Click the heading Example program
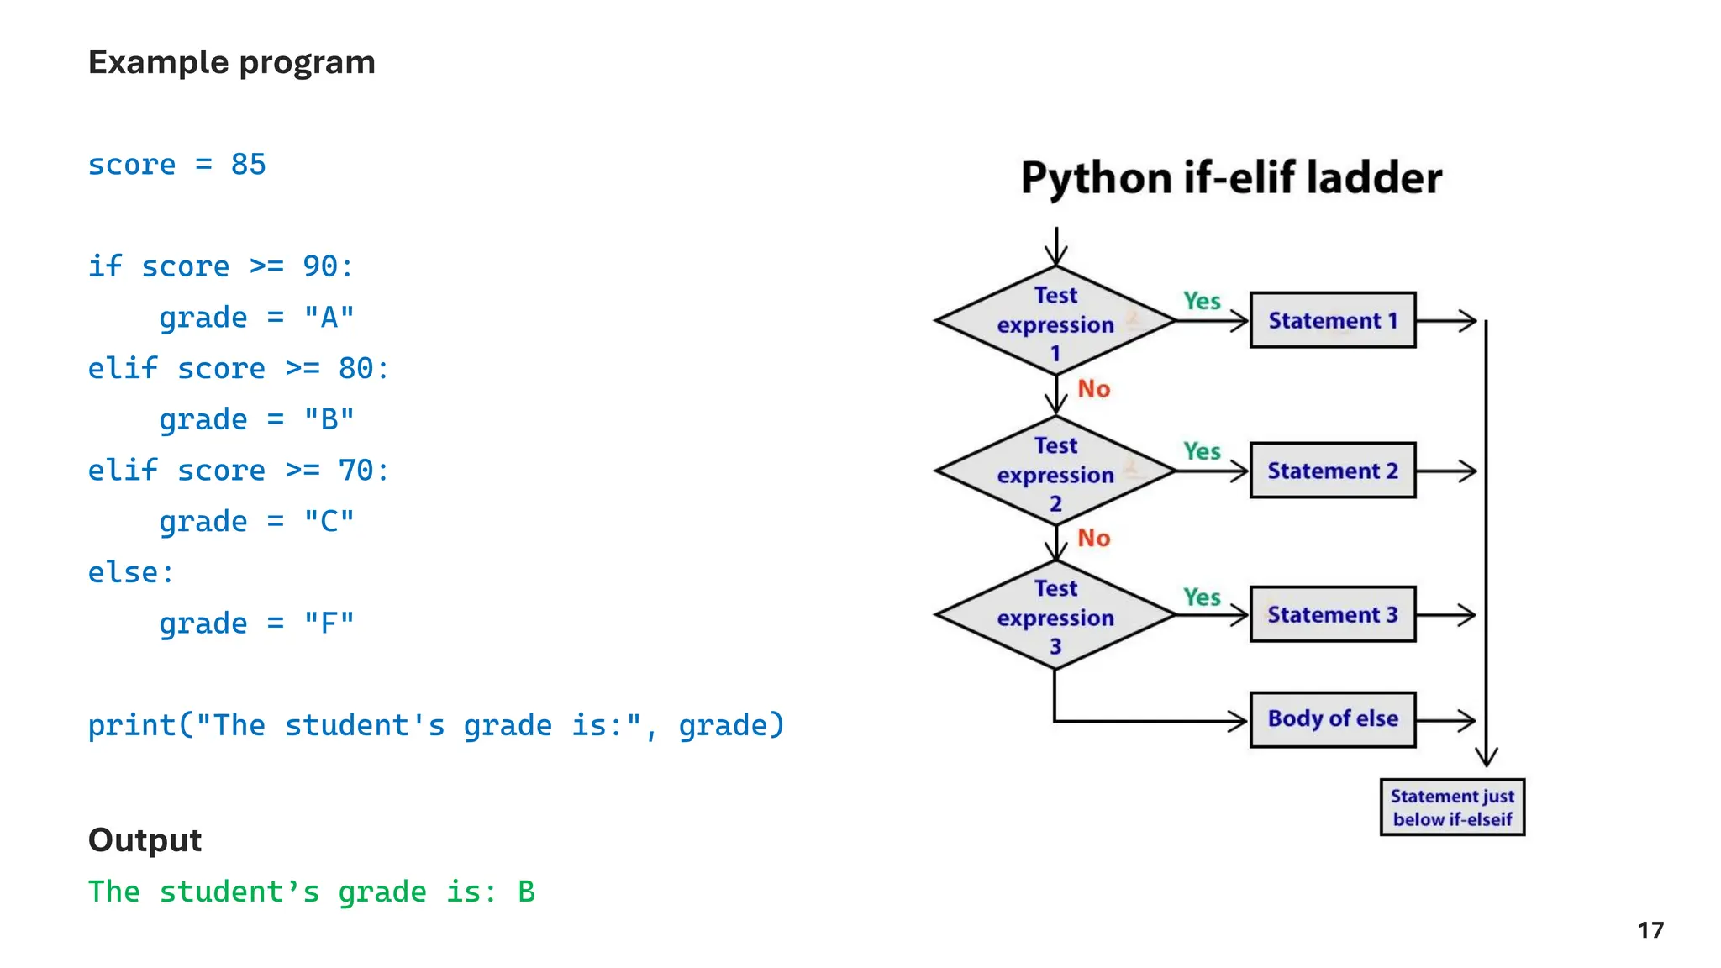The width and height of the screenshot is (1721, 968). point(231,63)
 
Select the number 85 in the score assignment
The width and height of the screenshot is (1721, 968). point(248,165)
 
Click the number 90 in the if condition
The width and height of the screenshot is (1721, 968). point(320,266)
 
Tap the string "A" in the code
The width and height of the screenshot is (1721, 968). point(329,318)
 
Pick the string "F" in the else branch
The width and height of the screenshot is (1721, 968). point(329,623)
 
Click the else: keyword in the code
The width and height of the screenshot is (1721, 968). point(130,572)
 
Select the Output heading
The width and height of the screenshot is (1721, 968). point(145,840)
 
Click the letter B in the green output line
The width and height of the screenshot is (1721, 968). point(526,892)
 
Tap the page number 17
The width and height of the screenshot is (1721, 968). point(1650,930)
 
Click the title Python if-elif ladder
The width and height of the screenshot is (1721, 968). point(1231,178)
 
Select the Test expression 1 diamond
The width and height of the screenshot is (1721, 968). point(1055,322)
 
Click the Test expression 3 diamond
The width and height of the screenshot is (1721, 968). point(1055,616)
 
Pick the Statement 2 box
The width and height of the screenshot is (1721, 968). point(1333,471)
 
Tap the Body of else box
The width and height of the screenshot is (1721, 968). point(1333,719)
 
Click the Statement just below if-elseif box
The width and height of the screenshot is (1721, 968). point(1452,808)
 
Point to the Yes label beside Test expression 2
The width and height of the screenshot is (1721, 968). point(1202,451)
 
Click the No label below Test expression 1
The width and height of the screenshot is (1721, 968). point(1094,389)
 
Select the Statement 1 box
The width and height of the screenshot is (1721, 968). point(1333,320)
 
